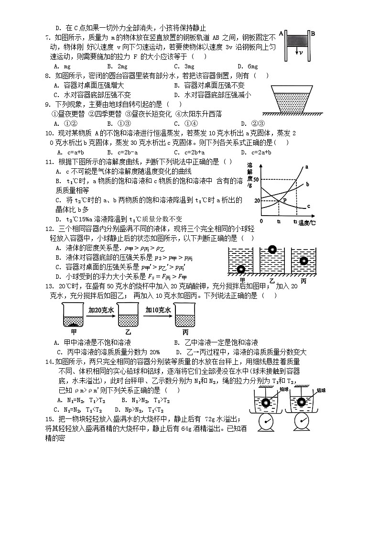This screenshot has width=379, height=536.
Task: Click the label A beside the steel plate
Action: coord(282,33)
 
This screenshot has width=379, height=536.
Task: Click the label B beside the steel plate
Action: coord(313,33)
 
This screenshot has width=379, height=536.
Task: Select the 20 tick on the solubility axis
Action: coord(257,200)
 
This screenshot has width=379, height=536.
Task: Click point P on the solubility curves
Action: coord(285,200)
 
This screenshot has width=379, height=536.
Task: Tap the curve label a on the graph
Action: coord(306,166)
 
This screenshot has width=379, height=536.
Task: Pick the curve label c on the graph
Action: coord(308,207)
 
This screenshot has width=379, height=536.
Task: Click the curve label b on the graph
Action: coord(307,184)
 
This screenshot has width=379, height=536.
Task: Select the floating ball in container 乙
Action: coord(271,249)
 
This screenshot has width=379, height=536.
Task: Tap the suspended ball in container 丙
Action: coord(303,261)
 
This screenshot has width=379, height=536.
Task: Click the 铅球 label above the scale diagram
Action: coord(284,390)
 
